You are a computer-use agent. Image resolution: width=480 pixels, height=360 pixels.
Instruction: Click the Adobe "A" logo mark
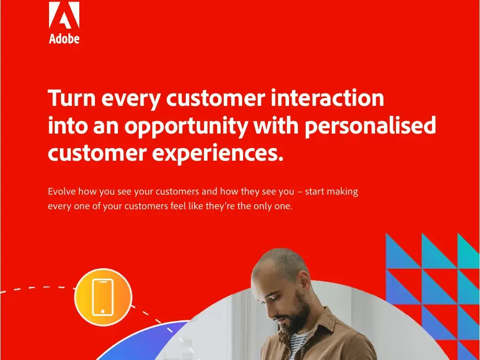click(64, 15)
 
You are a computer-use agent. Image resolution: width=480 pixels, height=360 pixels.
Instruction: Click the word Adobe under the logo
click(64, 39)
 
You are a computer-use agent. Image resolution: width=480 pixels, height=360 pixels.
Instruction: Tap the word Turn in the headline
click(72, 98)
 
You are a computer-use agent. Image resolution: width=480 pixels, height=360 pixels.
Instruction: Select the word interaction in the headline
click(327, 98)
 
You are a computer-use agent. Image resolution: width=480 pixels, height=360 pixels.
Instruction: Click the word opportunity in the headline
click(186, 127)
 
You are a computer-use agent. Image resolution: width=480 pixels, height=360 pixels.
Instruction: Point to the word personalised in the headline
click(370, 126)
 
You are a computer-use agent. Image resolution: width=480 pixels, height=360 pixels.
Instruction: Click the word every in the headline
click(131, 100)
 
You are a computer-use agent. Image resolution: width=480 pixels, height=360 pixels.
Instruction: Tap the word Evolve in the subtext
click(62, 191)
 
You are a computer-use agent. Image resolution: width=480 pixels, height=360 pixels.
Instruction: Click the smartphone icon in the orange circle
click(103, 297)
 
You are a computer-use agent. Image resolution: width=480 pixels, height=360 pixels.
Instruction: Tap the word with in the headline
click(276, 125)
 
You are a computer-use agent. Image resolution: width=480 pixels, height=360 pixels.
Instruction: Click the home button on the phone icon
click(103, 311)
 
